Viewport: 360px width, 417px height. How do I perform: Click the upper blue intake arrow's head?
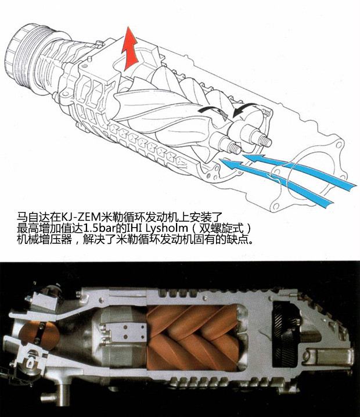pos(253,158)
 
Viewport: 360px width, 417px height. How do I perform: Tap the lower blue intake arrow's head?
pos(229,163)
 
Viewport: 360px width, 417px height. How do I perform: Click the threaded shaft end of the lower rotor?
pos(233,148)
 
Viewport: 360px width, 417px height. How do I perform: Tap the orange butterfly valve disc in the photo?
pos(39,335)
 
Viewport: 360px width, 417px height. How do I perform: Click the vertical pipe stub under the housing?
pos(63,394)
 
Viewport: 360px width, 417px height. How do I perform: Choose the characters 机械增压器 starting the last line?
pos(44,239)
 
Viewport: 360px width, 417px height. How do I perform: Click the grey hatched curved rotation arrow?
pos(213,110)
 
